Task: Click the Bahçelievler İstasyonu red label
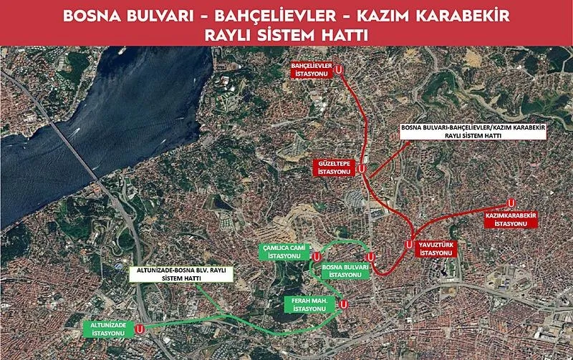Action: pos(312,68)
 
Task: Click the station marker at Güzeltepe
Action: pos(362,169)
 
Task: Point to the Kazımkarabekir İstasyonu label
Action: pos(511,219)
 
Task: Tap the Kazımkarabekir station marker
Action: pos(511,203)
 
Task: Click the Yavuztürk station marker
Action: pos(409,244)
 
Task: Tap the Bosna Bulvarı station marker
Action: pos(370,256)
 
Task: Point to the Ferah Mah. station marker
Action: pos(344,304)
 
